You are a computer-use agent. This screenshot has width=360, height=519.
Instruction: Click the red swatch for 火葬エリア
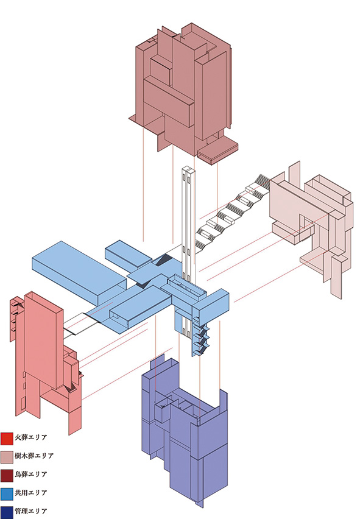(7, 439)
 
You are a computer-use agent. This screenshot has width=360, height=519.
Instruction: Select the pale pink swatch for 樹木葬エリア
(7, 457)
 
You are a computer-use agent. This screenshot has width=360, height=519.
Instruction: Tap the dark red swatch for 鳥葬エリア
(7, 476)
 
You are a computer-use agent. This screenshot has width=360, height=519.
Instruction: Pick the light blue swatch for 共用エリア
(7, 494)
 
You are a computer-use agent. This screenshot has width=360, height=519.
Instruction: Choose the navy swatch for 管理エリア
(7, 512)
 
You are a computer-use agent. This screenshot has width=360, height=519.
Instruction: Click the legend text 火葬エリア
(31, 437)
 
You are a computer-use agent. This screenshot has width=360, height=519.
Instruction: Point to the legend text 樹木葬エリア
(34, 456)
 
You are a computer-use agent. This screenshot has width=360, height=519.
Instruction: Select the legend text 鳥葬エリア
(31, 475)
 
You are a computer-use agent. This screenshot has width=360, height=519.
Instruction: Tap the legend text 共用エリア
(31, 493)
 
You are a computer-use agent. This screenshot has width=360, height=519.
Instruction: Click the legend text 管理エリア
(31, 512)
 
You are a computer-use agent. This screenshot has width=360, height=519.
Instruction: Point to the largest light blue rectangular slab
(79, 272)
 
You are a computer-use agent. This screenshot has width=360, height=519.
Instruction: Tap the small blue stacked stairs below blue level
(200, 337)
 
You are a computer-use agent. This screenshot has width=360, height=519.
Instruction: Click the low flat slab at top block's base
(217, 150)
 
